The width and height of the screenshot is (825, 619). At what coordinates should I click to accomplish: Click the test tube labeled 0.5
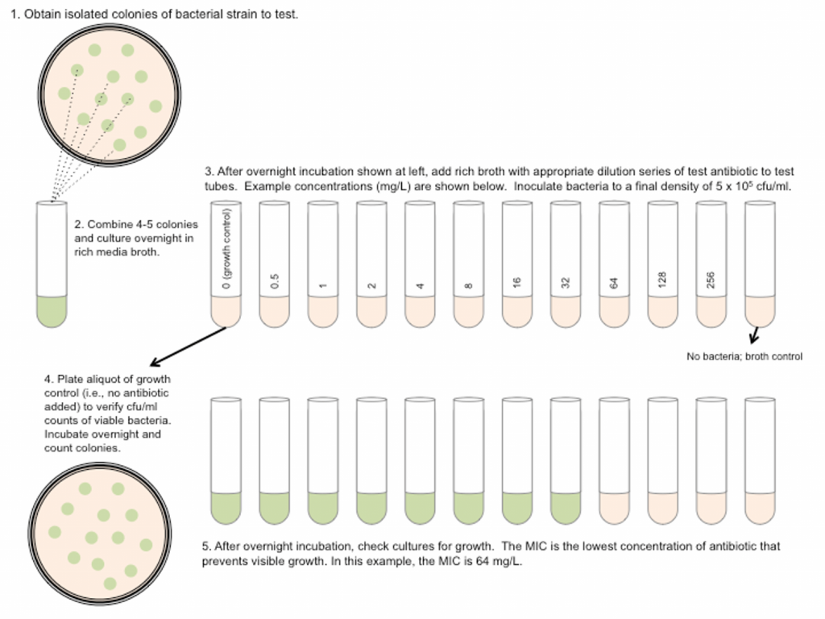(274, 262)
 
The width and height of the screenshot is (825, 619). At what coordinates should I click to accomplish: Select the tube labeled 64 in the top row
(614, 262)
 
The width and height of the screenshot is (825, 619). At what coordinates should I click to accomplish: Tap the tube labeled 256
(711, 262)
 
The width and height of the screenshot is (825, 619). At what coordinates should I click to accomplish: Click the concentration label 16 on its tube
(516, 283)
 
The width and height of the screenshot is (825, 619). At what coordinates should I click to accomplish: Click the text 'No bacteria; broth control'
(744, 356)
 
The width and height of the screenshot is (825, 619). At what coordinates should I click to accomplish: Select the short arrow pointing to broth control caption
(755, 334)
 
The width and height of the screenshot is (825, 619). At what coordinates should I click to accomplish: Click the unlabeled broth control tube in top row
(759, 262)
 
